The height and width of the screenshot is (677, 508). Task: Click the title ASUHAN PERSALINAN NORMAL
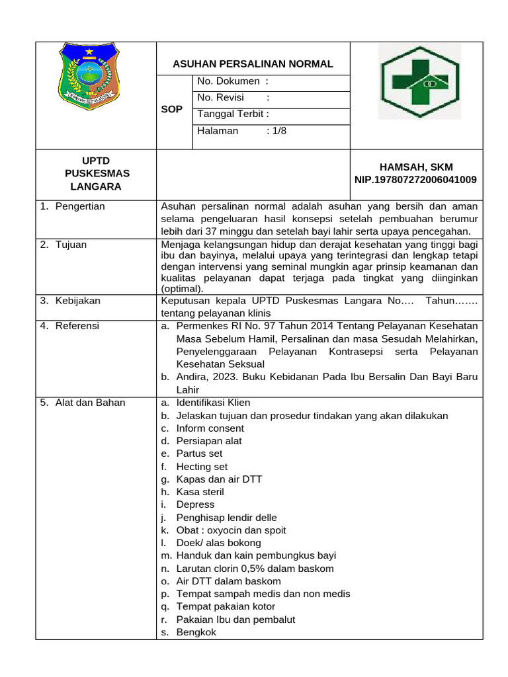253,64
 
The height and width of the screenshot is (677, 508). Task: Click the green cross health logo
415,81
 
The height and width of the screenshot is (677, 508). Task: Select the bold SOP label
171,110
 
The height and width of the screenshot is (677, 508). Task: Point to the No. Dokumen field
233,81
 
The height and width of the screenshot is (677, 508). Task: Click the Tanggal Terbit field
233,114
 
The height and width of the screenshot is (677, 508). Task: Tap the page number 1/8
276,130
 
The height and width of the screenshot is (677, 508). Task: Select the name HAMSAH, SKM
415,167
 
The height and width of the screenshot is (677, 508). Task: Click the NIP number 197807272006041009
415,180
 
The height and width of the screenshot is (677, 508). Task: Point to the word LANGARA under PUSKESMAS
96,186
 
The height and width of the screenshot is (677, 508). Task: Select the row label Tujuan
71,245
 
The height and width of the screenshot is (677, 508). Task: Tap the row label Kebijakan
77,301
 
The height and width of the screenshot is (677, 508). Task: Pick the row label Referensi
77,326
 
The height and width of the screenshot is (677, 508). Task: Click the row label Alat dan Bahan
90,403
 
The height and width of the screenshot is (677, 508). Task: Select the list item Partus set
199,454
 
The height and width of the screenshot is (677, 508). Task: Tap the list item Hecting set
202,467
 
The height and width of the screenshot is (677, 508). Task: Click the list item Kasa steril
200,492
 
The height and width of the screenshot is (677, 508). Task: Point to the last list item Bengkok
196,632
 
